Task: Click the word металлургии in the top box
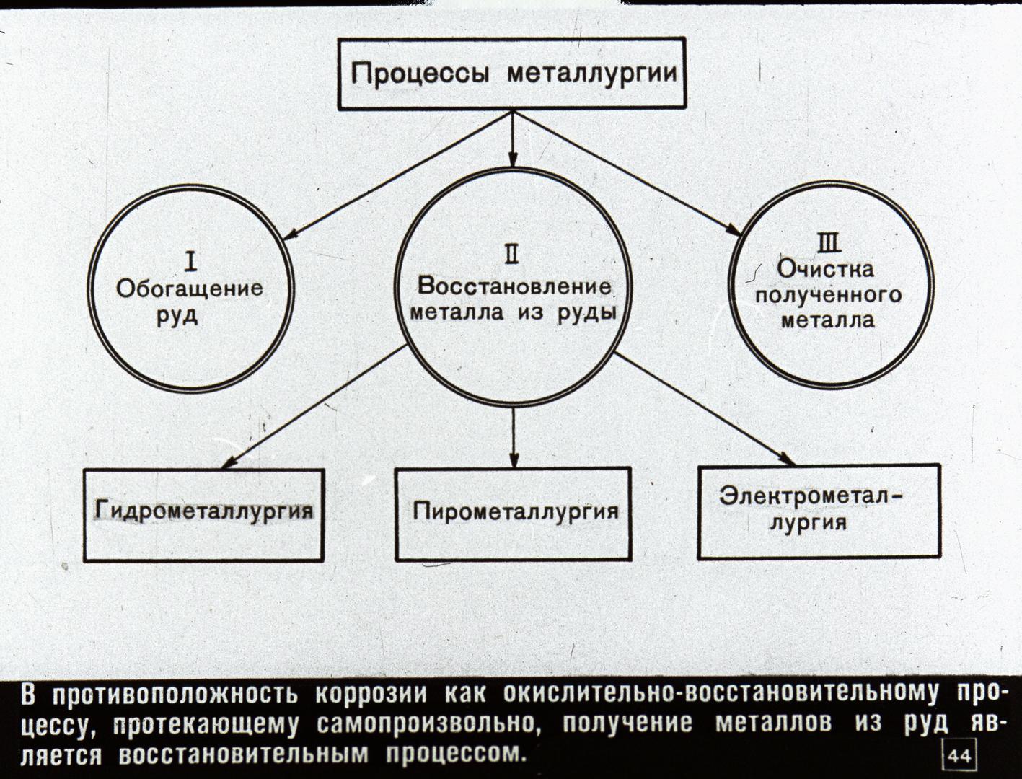pyautogui.click(x=592, y=74)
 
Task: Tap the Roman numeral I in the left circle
pyautogui.click(x=190, y=262)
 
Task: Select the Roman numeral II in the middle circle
pyautogui.click(x=512, y=255)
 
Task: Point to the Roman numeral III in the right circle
pyautogui.click(x=828, y=244)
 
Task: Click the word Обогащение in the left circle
pyautogui.click(x=190, y=289)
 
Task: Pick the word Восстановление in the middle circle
pyautogui.click(x=514, y=286)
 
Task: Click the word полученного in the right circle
pyautogui.click(x=828, y=296)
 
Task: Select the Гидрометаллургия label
pyautogui.click(x=204, y=511)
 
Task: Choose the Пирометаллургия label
pyautogui.click(x=516, y=511)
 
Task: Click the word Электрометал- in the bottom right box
pyautogui.click(x=811, y=496)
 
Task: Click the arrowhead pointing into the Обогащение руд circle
pyautogui.click(x=290, y=235)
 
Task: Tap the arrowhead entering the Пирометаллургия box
pyautogui.click(x=514, y=459)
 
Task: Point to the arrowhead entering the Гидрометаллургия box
pyautogui.click(x=229, y=463)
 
